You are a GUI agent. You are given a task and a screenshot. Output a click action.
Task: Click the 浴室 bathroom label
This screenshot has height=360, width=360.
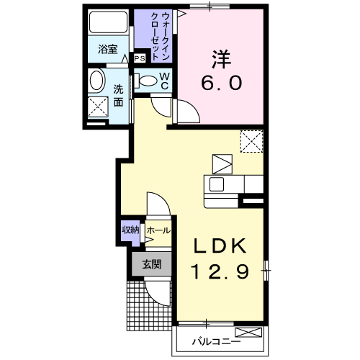click(x=108, y=50)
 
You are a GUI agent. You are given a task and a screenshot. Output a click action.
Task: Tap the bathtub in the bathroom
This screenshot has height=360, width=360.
click(x=108, y=22)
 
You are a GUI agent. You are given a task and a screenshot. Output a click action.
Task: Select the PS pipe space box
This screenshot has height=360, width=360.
click(x=140, y=58)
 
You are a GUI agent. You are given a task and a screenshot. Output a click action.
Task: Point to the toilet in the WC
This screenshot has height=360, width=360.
click(x=145, y=81)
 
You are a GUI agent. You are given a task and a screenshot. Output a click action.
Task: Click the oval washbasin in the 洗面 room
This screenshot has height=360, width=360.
click(x=97, y=80)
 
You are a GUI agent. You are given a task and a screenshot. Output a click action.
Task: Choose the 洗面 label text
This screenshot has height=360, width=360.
click(x=118, y=96)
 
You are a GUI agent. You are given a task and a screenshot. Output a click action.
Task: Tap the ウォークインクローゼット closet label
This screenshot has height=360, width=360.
click(x=160, y=36)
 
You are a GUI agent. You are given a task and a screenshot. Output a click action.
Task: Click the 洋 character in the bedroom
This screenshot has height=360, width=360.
click(x=221, y=59)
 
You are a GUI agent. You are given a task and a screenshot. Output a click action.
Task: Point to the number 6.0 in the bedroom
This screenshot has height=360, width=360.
click(x=221, y=83)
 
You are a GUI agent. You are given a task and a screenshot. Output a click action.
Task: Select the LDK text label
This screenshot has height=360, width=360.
click(x=220, y=246)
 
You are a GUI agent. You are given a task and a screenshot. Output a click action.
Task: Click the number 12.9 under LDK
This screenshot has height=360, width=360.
click(x=220, y=271)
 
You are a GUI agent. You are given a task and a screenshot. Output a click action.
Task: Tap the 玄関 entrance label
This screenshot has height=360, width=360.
click(x=152, y=264)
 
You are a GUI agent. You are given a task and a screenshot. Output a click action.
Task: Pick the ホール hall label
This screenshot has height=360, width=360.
click(x=158, y=231)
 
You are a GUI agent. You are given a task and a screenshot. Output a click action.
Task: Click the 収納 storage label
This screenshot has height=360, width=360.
click(x=130, y=230)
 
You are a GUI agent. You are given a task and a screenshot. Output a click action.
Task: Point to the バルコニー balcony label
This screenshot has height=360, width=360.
click(x=216, y=341)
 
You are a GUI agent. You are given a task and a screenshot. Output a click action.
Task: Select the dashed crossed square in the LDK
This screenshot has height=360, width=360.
click(x=252, y=141)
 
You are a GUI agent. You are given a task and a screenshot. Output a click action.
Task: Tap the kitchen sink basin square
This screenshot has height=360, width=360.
click(x=217, y=184)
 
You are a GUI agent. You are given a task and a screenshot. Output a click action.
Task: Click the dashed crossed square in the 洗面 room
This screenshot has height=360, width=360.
click(x=98, y=107)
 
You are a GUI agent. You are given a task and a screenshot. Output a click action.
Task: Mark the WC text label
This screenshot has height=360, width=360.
click(x=165, y=81)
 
